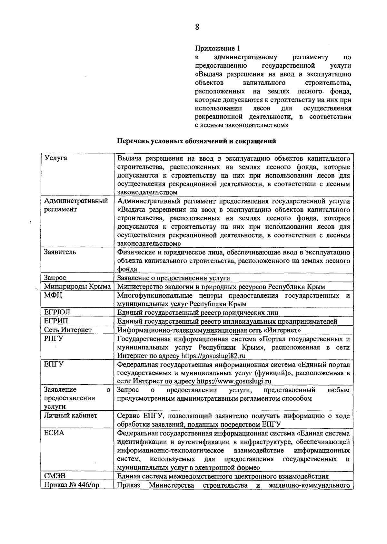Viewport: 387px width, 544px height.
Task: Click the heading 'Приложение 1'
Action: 218,49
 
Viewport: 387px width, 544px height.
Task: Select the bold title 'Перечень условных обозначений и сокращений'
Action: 196,141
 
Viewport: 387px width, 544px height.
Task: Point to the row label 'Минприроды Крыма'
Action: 77,286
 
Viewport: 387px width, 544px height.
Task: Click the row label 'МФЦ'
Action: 53,295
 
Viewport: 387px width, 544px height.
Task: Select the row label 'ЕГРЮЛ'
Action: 57,312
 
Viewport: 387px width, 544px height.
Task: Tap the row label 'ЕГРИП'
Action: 56,321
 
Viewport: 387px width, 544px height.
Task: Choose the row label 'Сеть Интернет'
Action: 68,330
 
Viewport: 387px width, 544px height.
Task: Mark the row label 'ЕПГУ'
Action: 54,364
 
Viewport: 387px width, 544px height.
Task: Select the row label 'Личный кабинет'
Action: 70,415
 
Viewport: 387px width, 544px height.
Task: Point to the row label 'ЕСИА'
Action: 54,433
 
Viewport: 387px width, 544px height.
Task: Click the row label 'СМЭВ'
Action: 55,476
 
